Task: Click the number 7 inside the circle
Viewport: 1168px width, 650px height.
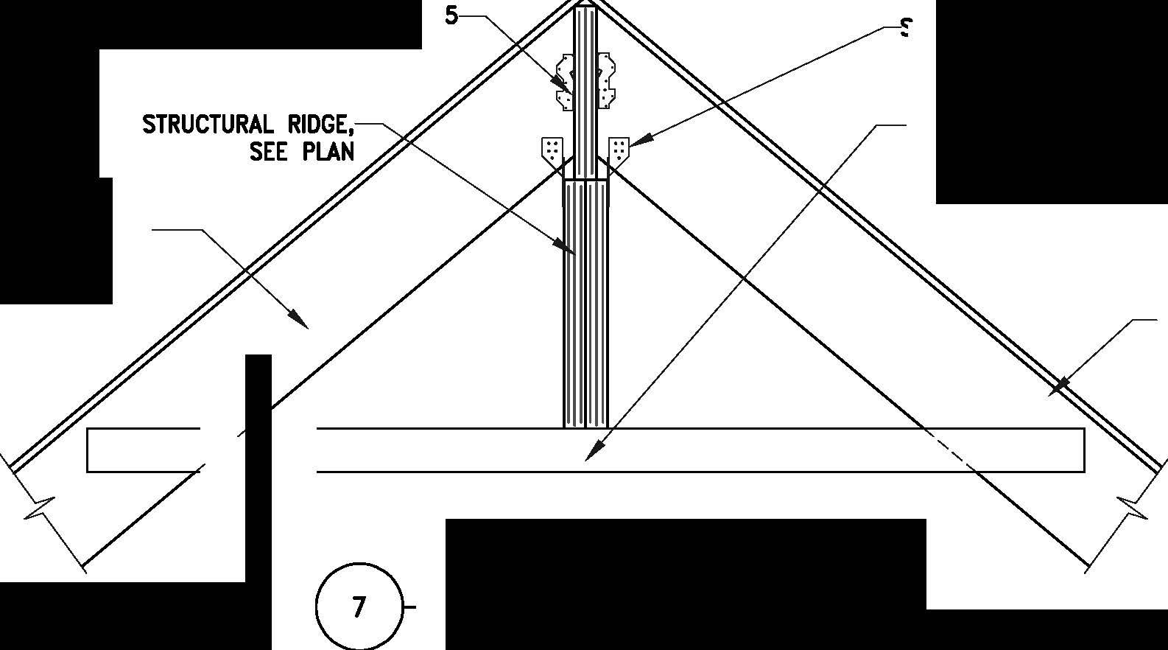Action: click(359, 607)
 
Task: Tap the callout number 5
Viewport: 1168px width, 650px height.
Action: click(451, 16)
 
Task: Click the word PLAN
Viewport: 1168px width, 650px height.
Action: click(328, 152)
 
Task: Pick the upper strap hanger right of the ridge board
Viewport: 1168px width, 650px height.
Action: click(606, 81)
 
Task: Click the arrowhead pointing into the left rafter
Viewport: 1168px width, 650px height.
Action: click(299, 319)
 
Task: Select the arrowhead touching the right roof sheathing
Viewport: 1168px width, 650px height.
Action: click(1059, 386)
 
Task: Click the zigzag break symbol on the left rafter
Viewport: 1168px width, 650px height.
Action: click(41, 509)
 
